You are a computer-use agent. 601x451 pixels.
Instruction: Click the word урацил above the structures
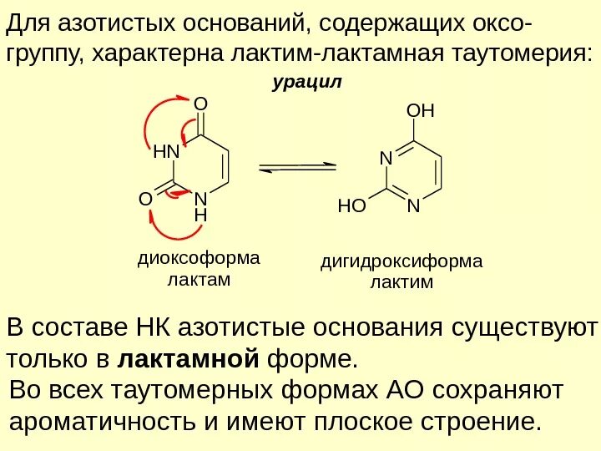[308, 84]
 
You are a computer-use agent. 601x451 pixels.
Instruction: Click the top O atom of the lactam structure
[199, 104]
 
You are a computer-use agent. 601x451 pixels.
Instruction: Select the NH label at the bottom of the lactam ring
[199, 207]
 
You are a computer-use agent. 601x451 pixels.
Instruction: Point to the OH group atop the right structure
[421, 111]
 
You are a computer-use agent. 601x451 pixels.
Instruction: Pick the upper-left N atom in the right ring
[386, 157]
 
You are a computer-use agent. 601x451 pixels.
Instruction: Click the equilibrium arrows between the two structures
[298, 168]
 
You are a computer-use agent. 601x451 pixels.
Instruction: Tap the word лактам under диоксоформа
[199, 278]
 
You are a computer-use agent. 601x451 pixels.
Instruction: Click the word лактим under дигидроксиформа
[402, 282]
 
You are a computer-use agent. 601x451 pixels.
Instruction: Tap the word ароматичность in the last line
[103, 421]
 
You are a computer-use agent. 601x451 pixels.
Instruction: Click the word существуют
[525, 327]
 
